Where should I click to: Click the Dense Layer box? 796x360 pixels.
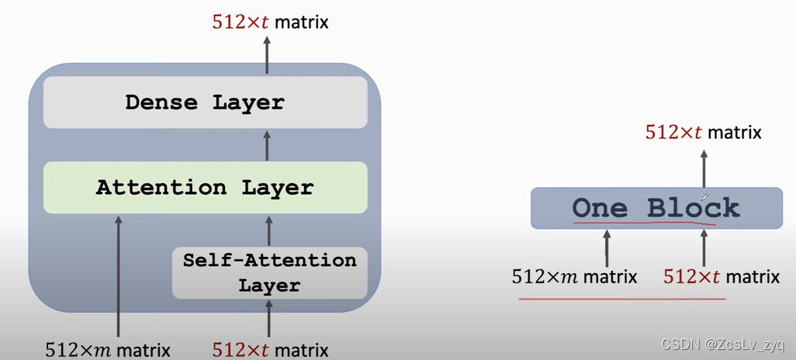[205, 102]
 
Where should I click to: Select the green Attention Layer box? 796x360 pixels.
[205, 188]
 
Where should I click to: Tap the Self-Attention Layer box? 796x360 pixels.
[269, 272]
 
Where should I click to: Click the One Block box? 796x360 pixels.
[656, 208]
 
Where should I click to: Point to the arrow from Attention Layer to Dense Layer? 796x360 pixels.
[268, 145]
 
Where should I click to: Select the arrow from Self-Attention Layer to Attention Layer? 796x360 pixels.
[269, 230]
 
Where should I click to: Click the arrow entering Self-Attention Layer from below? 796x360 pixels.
[269, 318]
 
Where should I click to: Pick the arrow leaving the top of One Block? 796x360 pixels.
[704, 166]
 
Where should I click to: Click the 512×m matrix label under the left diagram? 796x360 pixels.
[108, 349]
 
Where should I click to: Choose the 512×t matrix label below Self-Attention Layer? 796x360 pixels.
[270, 349]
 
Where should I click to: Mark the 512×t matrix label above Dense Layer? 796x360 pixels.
[270, 22]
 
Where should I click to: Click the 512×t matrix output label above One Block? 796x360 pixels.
[703, 132]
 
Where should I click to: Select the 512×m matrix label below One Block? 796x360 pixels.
[574, 276]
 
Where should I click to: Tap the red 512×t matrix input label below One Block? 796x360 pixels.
[722, 276]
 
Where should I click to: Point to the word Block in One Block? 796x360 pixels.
[694, 208]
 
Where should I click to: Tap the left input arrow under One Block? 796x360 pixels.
[606, 248]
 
